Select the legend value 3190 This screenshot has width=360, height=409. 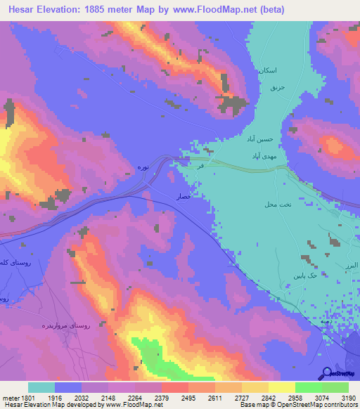(x=346, y=398)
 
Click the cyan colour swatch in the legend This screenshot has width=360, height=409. (x=41, y=387)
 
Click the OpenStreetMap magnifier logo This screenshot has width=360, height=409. (x=327, y=372)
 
